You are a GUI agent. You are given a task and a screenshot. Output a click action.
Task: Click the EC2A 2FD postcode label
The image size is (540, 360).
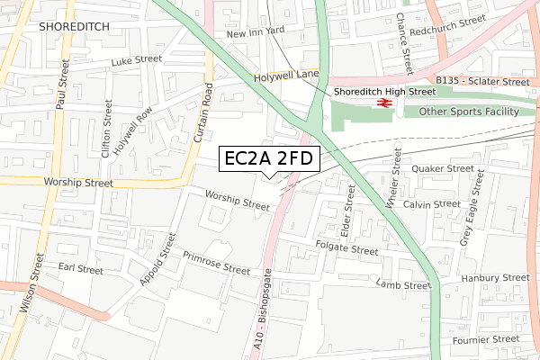[269, 159]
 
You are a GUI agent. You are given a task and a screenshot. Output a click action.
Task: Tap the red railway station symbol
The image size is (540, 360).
[382, 103]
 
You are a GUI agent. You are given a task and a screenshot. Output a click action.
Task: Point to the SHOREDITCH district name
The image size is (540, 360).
[74, 28]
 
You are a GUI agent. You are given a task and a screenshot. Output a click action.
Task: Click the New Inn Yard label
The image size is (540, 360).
[255, 33]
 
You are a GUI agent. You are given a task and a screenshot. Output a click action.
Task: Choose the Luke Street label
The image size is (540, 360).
[135, 62]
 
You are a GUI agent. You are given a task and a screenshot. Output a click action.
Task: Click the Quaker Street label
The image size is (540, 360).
[442, 168]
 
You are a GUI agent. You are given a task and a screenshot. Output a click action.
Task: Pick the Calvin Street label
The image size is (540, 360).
[432, 204]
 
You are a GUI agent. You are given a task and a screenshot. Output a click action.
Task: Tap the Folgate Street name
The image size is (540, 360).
[347, 249]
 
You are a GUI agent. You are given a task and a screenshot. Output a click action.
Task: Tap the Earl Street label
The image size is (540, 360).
[80, 268]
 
